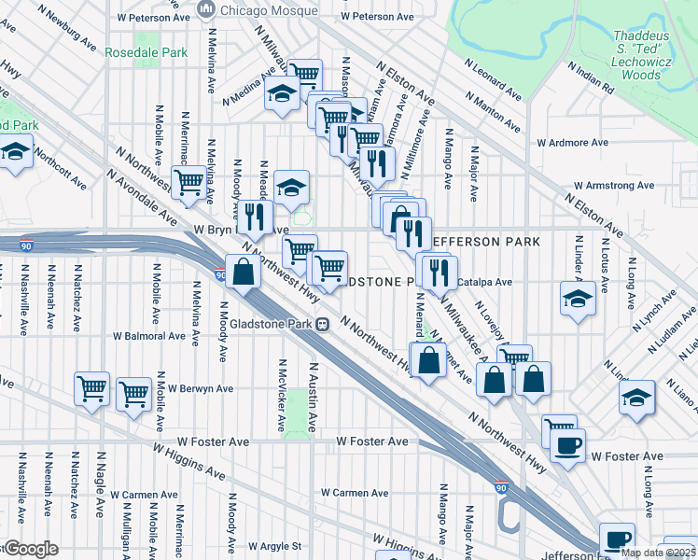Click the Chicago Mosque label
(268, 10)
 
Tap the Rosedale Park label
(147, 52)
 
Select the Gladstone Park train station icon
(322, 324)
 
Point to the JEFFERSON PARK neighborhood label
(483, 242)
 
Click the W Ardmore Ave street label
(573, 143)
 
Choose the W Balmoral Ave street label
(149, 336)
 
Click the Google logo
(31, 549)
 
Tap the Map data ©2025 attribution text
(658, 553)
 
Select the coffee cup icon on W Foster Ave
(567, 444)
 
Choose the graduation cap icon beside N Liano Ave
(637, 396)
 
